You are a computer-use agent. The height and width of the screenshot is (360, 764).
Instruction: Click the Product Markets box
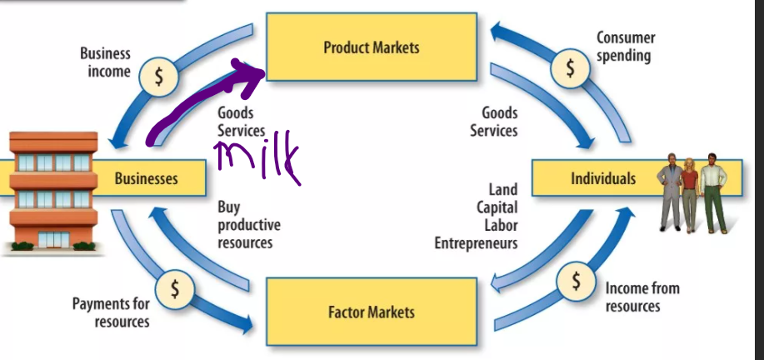(x=372, y=47)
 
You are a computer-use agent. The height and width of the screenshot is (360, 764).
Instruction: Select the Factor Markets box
(x=372, y=312)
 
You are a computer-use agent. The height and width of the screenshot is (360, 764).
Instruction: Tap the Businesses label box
(x=146, y=178)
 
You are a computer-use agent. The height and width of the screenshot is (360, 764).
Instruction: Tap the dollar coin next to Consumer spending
(x=571, y=67)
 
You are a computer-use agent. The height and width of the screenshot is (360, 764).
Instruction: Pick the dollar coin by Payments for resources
(x=175, y=288)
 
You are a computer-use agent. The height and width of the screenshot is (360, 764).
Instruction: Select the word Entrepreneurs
(x=476, y=243)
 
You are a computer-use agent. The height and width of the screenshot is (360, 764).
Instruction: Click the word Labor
(x=499, y=225)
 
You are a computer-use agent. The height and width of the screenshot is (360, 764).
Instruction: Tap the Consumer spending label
(x=625, y=47)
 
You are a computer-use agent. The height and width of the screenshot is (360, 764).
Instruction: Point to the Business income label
(x=105, y=62)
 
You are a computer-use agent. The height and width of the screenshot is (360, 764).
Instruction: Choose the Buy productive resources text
(x=248, y=225)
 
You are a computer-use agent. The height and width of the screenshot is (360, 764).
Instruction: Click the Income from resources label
(x=642, y=297)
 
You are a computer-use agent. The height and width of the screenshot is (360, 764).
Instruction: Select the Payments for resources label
(x=110, y=312)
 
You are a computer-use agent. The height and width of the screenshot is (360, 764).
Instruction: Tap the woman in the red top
(x=689, y=192)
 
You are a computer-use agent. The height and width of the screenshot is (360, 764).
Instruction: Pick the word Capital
(x=497, y=207)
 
